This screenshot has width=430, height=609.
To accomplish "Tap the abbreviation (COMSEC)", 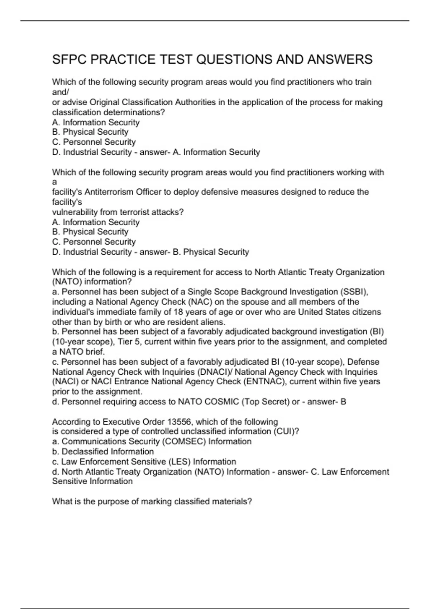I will tap(184, 441).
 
